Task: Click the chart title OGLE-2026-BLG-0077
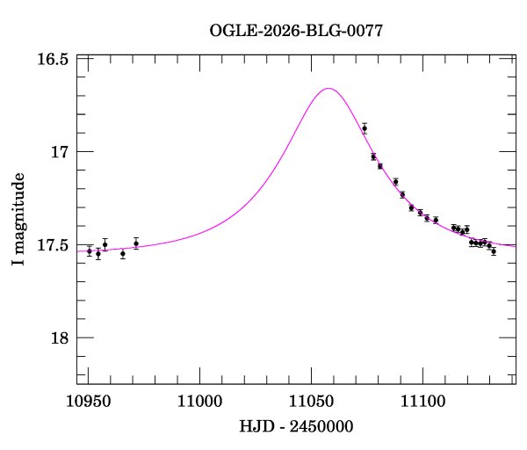pyautogui.click(x=296, y=31)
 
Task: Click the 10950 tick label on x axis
pyautogui.click(x=88, y=401)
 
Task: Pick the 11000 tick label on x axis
pyautogui.click(x=199, y=401)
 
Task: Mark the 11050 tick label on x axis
pyautogui.click(x=311, y=401)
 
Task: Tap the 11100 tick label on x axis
pyautogui.click(x=422, y=401)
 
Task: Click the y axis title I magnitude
pyautogui.click(x=19, y=219)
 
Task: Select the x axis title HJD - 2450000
pyautogui.click(x=297, y=427)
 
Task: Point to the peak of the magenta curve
pyautogui.click(x=328, y=88)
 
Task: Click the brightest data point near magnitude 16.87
pyautogui.click(x=365, y=128)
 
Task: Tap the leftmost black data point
pyautogui.click(x=90, y=251)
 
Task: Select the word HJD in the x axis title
pyautogui.click(x=256, y=427)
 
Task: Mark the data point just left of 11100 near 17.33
pyautogui.click(x=420, y=213)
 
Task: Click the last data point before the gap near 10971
pyautogui.click(x=136, y=243)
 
